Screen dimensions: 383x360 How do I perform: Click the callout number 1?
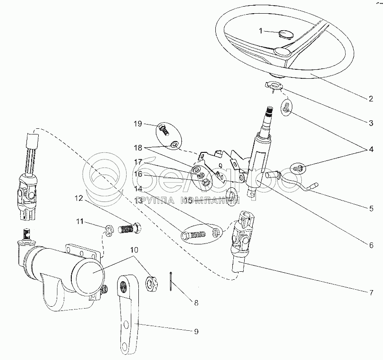click(261, 31)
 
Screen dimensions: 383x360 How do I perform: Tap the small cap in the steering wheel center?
click(286, 34)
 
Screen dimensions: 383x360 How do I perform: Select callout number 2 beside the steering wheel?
click(371, 99)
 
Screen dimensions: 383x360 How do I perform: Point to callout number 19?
click(138, 124)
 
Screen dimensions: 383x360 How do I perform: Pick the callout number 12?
click(79, 198)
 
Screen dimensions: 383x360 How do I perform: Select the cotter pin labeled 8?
click(170, 282)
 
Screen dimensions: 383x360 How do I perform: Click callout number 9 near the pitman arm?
click(196, 331)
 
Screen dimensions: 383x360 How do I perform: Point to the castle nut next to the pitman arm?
click(152, 284)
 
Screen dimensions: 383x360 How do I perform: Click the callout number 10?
click(134, 250)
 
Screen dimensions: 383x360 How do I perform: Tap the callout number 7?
click(371, 293)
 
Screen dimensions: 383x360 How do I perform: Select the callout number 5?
click(371, 209)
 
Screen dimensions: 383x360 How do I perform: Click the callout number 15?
click(188, 200)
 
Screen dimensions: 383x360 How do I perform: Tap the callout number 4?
click(371, 149)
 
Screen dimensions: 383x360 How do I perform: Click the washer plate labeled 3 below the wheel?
click(274, 86)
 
